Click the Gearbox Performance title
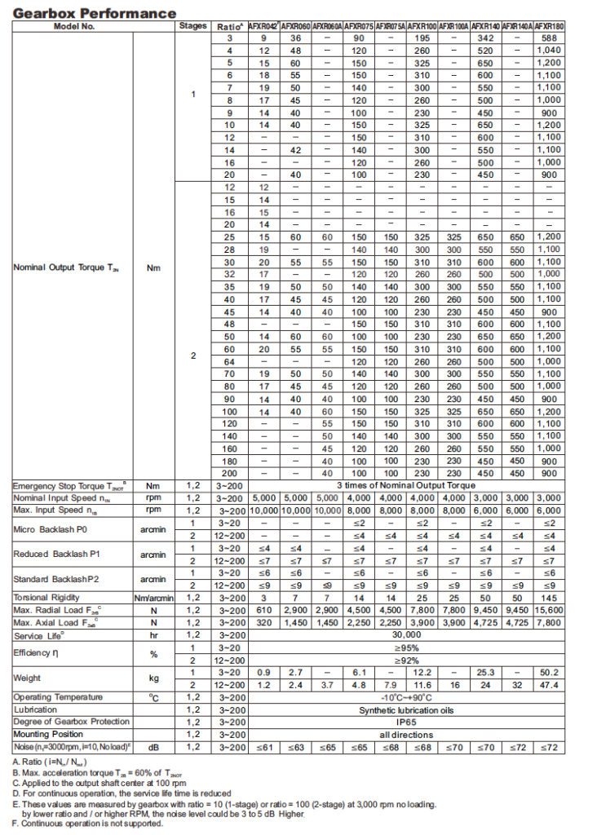[95, 13]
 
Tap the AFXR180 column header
[547, 27]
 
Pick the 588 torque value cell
[547, 38]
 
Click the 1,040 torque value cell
[547, 51]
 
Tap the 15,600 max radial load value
[547, 610]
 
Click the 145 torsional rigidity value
[547, 598]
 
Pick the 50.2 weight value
[547, 672]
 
